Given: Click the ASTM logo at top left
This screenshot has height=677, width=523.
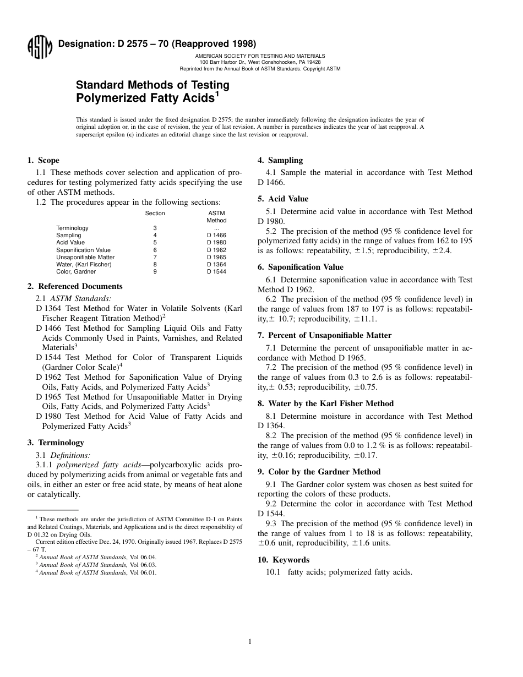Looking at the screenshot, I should click(x=39, y=47).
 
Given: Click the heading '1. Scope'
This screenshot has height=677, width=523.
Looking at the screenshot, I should click(x=43, y=161).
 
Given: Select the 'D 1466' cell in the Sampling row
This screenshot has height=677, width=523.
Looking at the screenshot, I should click(x=216, y=235).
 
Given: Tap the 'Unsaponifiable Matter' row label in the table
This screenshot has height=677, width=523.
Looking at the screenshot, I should click(x=85, y=257).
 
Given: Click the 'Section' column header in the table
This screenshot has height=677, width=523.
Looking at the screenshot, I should click(x=155, y=213).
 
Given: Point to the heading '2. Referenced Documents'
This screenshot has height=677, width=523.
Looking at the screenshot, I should click(x=75, y=286).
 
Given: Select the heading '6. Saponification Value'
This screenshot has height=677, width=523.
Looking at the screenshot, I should click(x=300, y=267).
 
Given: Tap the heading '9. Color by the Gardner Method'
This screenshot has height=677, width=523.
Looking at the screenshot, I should click(x=319, y=472).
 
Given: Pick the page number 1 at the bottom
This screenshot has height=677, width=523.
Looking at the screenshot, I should click(x=249, y=641).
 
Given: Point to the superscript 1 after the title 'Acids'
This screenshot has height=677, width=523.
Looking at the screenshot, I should click(x=217, y=94).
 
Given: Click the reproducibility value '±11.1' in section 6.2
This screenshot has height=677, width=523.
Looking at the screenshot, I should click(x=365, y=319).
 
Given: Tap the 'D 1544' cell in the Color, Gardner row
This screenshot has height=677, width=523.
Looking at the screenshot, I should click(x=216, y=271).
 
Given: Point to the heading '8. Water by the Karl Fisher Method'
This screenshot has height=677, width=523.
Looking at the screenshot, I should click(x=325, y=403).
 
